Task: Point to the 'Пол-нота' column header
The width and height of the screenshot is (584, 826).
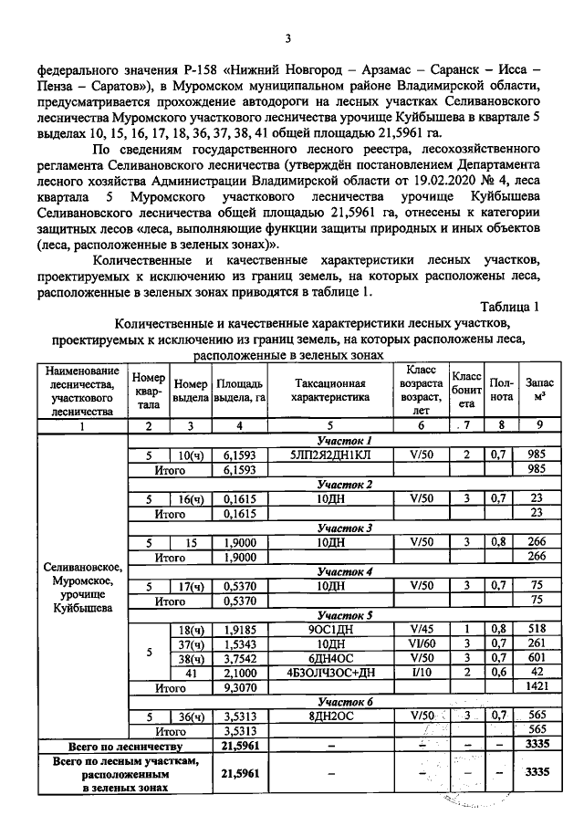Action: [501, 391]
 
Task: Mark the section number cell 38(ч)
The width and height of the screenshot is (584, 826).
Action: [191, 658]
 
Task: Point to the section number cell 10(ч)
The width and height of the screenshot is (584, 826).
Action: [191, 455]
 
